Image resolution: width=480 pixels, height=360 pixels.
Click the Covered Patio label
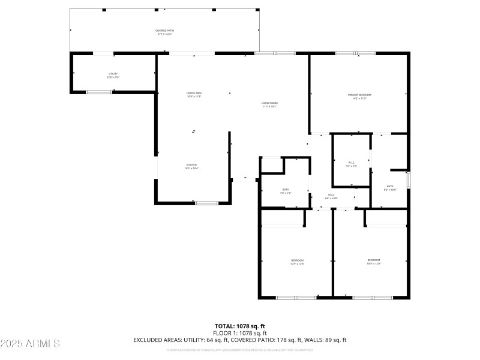coord(165,32)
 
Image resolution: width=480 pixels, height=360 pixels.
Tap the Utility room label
coord(113,76)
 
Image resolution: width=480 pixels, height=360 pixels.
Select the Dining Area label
coord(193,94)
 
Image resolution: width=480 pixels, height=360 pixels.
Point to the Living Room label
coord(269,104)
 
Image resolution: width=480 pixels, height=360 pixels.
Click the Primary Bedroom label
coord(359,96)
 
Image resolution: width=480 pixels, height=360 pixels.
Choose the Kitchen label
coord(191,166)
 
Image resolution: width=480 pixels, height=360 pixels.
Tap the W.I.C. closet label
coord(352,164)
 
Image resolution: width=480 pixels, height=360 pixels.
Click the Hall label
coord(331,196)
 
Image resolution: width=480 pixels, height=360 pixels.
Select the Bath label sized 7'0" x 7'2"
coord(286,191)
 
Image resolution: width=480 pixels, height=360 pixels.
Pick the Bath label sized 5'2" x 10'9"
coord(390,188)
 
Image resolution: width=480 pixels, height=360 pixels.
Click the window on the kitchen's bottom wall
coord(206,203)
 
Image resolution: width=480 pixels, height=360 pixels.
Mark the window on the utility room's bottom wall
coord(99,92)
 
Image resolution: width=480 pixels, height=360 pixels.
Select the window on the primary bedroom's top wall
coord(355,53)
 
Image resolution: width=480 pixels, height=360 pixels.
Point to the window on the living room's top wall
coord(275,53)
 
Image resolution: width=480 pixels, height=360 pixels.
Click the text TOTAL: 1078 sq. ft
coord(239,326)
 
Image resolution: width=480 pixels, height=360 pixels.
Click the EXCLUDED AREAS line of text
coord(239,340)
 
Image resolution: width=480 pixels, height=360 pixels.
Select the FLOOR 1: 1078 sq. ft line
coord(239,333)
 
